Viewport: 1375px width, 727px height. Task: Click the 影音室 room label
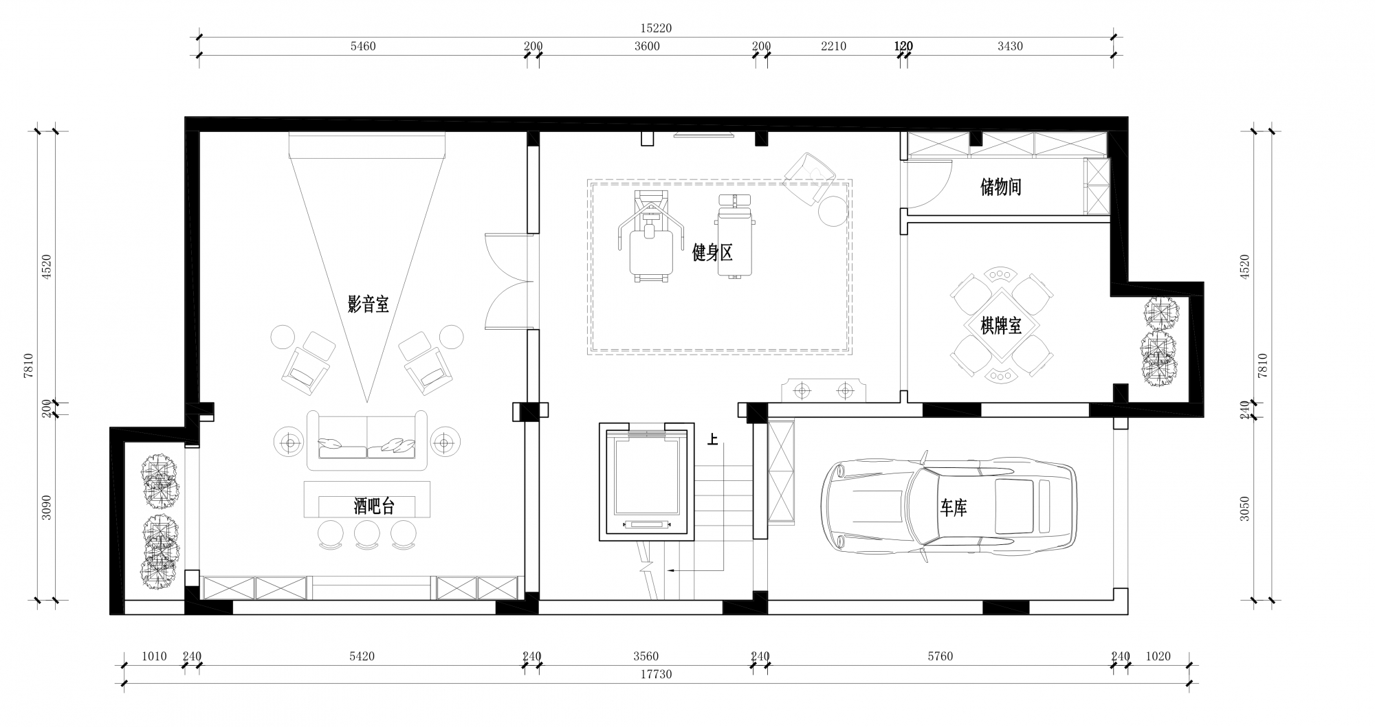(368, 304)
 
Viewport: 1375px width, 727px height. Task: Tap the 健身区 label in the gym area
(712, 253)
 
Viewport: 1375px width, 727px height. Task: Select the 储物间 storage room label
(1000, 187)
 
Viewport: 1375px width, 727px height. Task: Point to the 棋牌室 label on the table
(1001, 326)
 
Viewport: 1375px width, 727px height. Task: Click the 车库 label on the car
(954, 508)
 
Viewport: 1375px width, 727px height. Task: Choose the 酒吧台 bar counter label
(374, 507)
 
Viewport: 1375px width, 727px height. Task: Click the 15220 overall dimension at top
(655, 28)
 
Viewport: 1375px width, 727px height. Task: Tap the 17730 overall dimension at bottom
(656, 674)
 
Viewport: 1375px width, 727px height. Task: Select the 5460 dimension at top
(363, 46)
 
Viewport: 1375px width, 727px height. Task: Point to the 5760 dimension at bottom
(940, 656)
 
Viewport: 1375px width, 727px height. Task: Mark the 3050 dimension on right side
(1244, 508)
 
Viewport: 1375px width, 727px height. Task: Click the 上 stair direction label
(712, 439)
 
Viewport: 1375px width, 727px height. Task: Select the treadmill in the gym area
(650, 236)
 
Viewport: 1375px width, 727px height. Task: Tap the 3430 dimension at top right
(1009, 46)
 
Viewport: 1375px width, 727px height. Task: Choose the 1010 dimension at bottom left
(154, 656)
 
